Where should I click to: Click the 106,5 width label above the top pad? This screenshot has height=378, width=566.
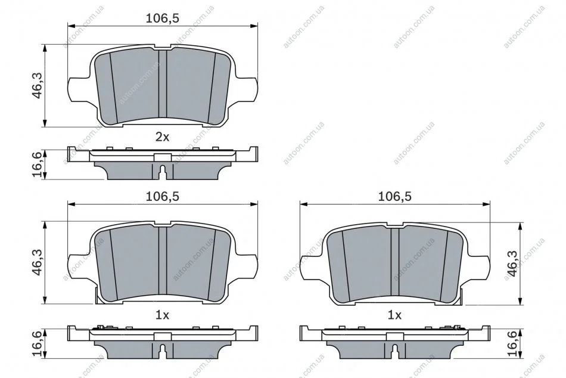click(163, 18)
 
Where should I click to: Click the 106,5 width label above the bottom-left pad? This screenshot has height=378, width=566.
click(163, 196)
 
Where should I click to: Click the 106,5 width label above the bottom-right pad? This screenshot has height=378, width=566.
click(394, 196)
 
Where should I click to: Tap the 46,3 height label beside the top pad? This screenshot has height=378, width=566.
click(38, 86)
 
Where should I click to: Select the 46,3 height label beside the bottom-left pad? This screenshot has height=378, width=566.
click(38, 263)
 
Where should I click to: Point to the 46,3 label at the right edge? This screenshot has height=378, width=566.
click(512, 264)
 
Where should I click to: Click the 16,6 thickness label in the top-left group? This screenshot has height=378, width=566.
click(38, 165)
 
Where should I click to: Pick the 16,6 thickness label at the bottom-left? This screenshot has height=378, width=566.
click(38, 343)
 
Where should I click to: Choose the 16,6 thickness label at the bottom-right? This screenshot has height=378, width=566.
click(512, 343)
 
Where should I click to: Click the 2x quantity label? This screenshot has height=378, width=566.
click(162, 137)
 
